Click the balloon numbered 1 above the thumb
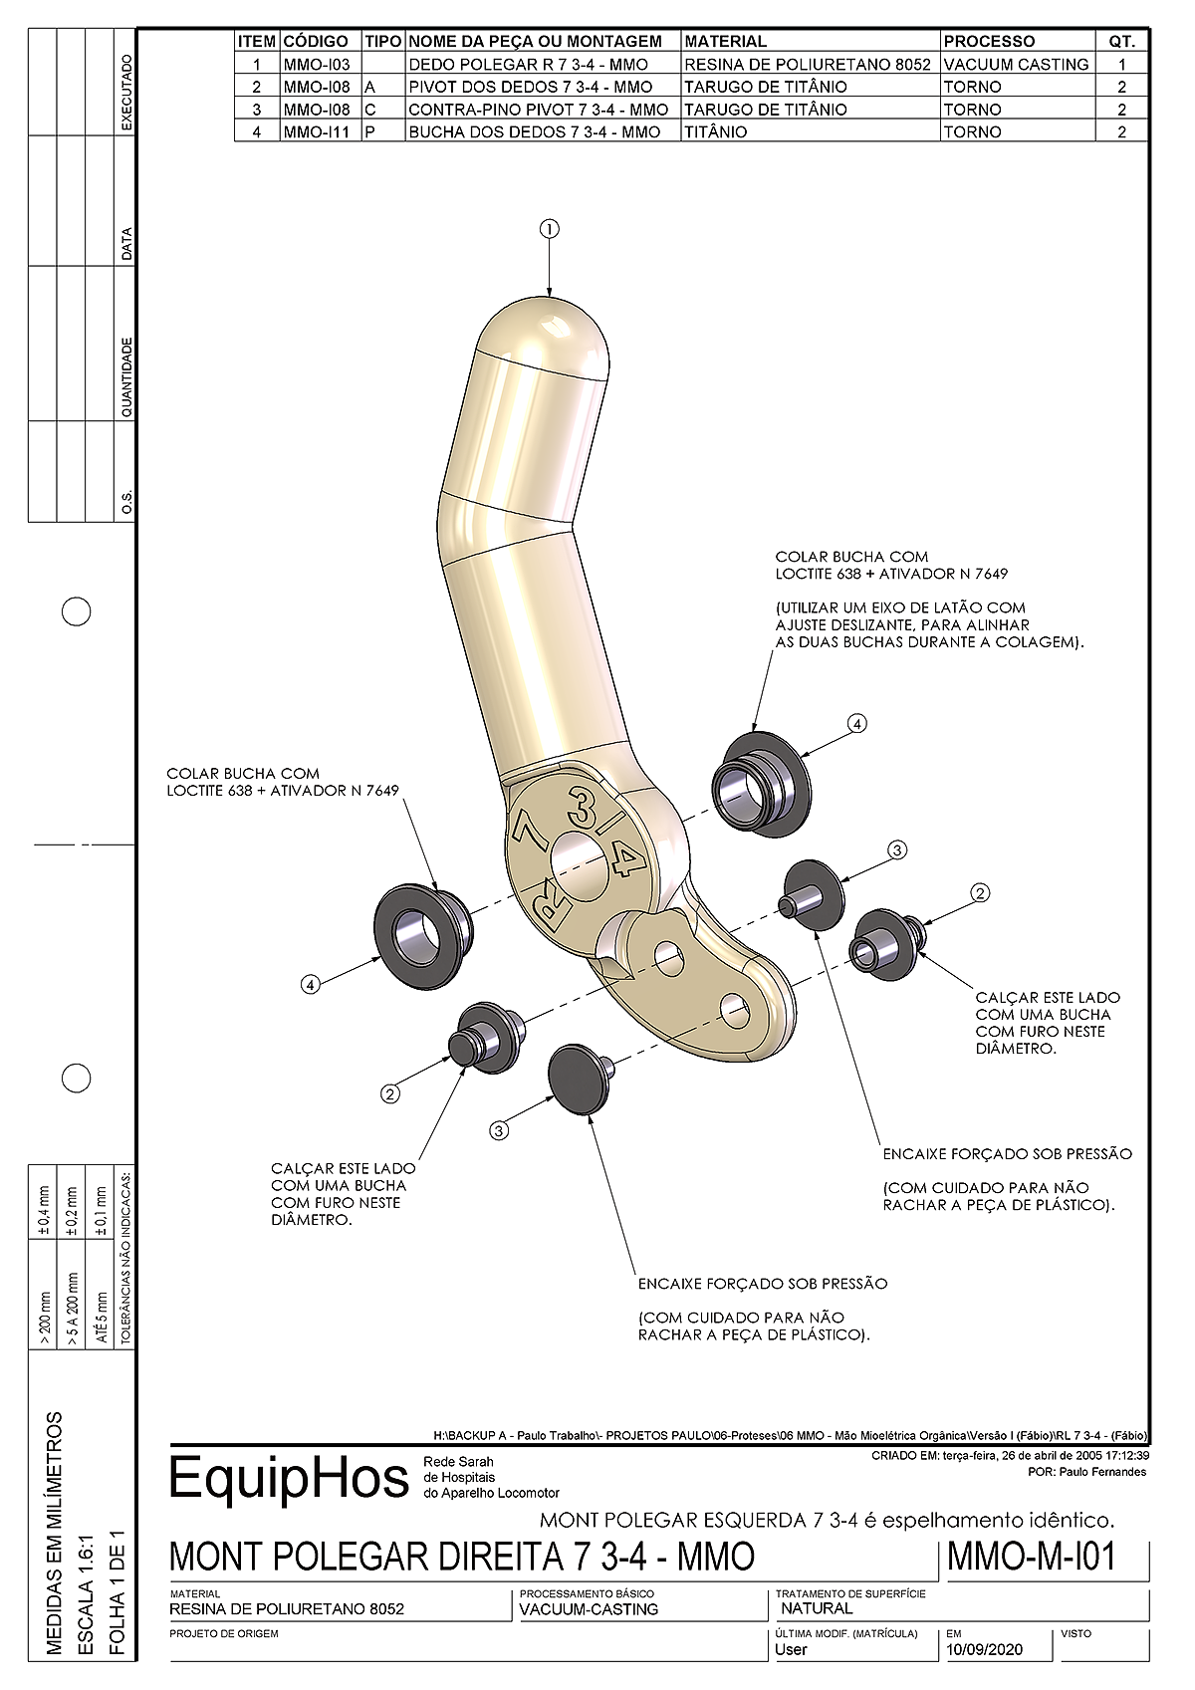[550, 229]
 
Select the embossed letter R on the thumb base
[553, 904]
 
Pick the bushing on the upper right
[761, 783]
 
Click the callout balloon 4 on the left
[310, 984]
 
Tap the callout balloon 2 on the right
[980, 893]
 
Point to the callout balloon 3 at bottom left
[499, 1130]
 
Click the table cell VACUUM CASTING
[1016, 64]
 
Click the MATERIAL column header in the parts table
[725, 41]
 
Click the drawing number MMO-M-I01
[1031, 1556]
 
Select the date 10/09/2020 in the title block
[985, 1649]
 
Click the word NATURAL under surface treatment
[817, 1607]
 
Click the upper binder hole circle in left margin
[77, 611]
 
